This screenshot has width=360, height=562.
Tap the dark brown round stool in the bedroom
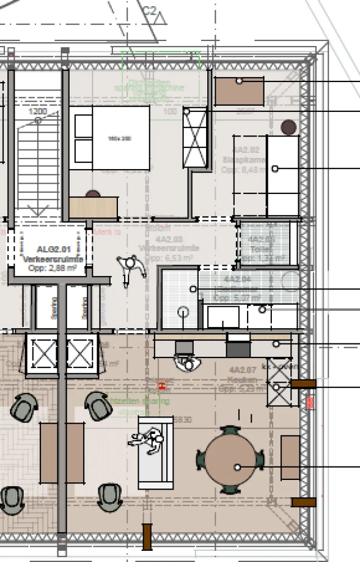pos(289,128)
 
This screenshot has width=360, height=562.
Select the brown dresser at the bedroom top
pos(240,91)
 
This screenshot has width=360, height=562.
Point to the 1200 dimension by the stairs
pos(38,112)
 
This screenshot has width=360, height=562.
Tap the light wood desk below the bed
pos(94,207)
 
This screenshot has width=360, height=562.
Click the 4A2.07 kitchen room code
pos(243,370)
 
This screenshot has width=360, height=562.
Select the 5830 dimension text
pos(183,419)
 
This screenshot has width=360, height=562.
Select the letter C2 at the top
pos(149,11)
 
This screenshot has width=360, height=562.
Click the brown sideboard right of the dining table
pos(290,457)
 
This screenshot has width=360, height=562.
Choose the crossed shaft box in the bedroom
pos(195,137)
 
